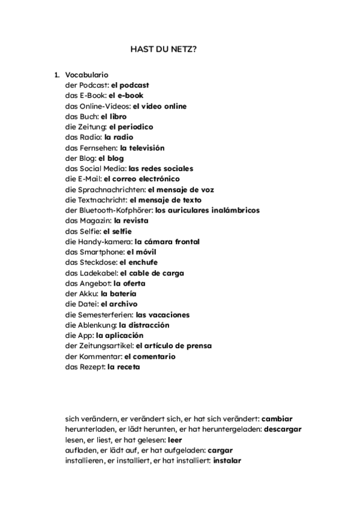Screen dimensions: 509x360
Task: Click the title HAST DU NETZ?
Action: point(163,50)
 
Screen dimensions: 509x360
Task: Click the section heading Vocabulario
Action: point(86,75)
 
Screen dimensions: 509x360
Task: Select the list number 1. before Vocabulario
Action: point(57,75)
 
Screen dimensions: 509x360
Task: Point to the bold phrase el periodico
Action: point(131,127)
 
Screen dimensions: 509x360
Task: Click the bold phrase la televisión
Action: point(142,148)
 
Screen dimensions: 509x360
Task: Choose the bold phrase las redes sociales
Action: point(161,169)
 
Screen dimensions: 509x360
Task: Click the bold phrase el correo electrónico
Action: point(142,179)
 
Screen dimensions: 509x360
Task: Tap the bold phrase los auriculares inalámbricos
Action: point(207,210)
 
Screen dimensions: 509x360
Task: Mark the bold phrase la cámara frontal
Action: point(167,241)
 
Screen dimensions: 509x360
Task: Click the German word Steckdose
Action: point(98,262)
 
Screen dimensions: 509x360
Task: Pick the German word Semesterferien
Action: point(103,315)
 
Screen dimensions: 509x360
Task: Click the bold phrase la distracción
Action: point(144,325)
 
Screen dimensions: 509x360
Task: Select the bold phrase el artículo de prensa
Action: point(173,346)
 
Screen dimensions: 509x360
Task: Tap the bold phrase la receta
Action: point(124,367)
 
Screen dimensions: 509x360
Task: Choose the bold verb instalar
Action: point(227,460)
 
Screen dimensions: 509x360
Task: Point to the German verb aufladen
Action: point(79,450)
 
